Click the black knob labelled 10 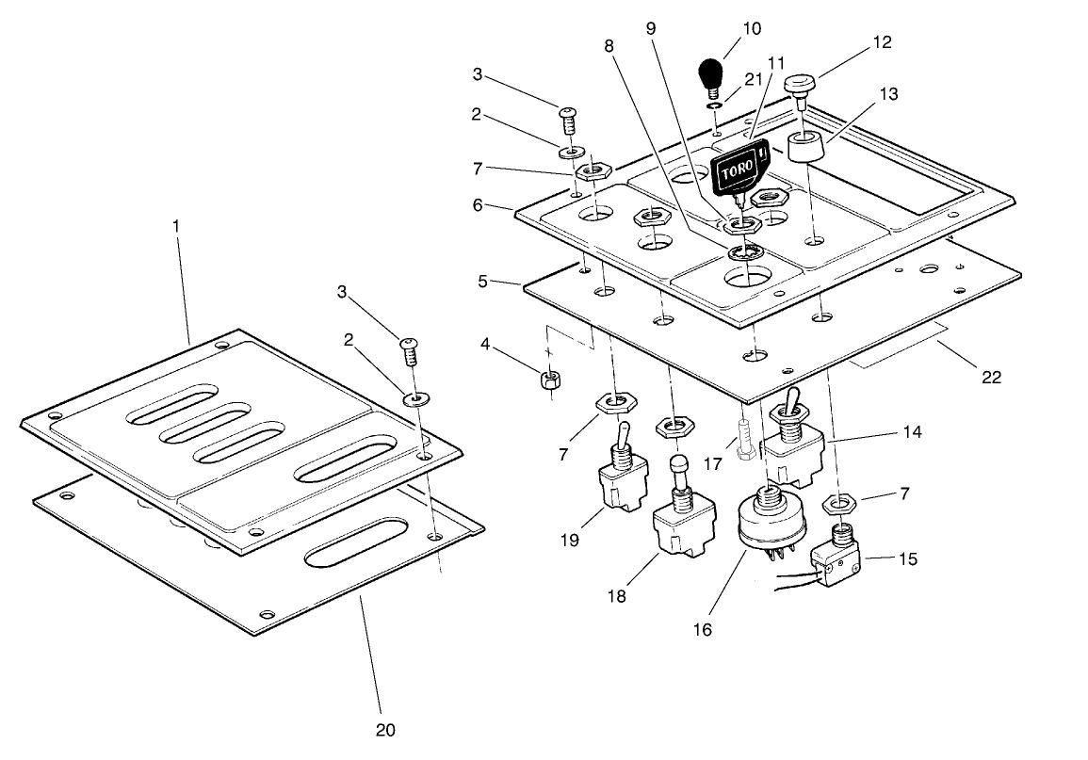click(711, 73)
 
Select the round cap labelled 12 click(799, 87)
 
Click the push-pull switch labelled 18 click(678, 527)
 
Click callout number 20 click(384, 730)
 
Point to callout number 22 click(990, 377)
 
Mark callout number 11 click(776, 64)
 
